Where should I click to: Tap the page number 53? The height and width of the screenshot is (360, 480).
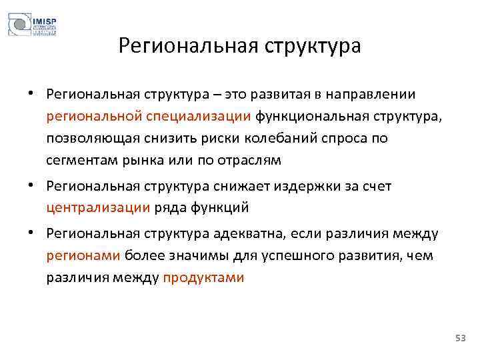460,339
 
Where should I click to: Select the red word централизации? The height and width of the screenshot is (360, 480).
99,208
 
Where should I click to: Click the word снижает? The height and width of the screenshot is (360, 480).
223,186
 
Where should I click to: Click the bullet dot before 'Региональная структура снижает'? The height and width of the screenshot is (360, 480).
31,186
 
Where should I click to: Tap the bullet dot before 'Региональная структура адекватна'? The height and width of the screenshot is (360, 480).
31,233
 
